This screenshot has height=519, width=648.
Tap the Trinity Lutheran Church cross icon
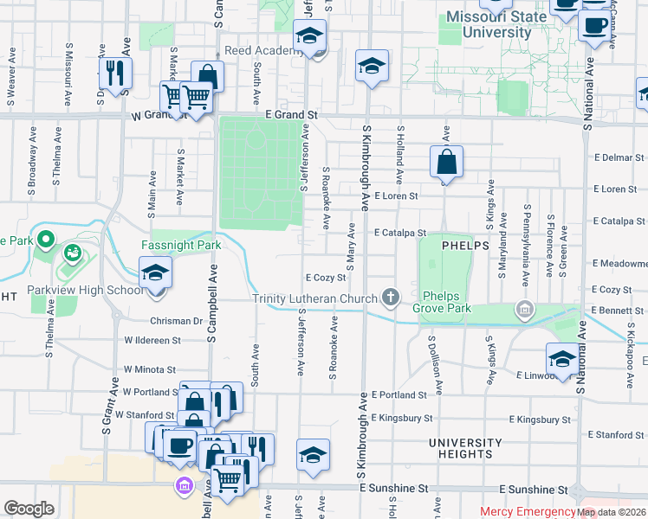point(391,298)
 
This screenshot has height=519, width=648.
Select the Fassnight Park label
point(181,246)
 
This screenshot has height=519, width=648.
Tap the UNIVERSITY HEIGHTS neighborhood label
point(464,448)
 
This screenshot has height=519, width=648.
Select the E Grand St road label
point(292,114)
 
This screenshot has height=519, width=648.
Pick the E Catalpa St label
point(400,233)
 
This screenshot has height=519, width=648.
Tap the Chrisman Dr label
point(175,321)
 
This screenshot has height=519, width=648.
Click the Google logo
point(29,509)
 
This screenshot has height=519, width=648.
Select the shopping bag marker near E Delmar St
point(446,162)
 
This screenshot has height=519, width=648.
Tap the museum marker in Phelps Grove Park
point(524,309)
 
